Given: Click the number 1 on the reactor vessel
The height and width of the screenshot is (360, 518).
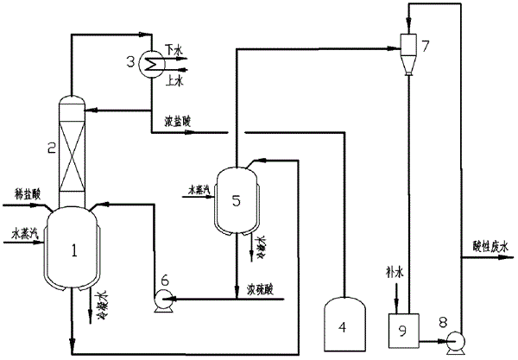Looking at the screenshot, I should pos(74,251).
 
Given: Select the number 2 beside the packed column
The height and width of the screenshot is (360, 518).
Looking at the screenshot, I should pos(51,148).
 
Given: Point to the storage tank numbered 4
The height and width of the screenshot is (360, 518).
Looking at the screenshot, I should pos(345,327).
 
